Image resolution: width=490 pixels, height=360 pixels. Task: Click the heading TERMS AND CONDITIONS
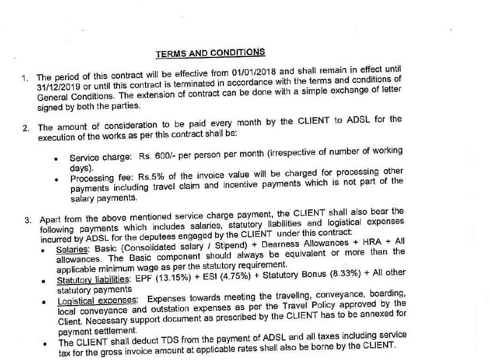tap(210, 52)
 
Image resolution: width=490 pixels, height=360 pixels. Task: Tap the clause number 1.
tap(25, 78)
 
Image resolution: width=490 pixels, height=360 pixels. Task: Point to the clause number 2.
tap(25, 129)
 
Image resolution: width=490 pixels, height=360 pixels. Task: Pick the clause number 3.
tap(28, 219)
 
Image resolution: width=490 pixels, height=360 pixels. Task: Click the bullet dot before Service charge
tap(58, 159)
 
